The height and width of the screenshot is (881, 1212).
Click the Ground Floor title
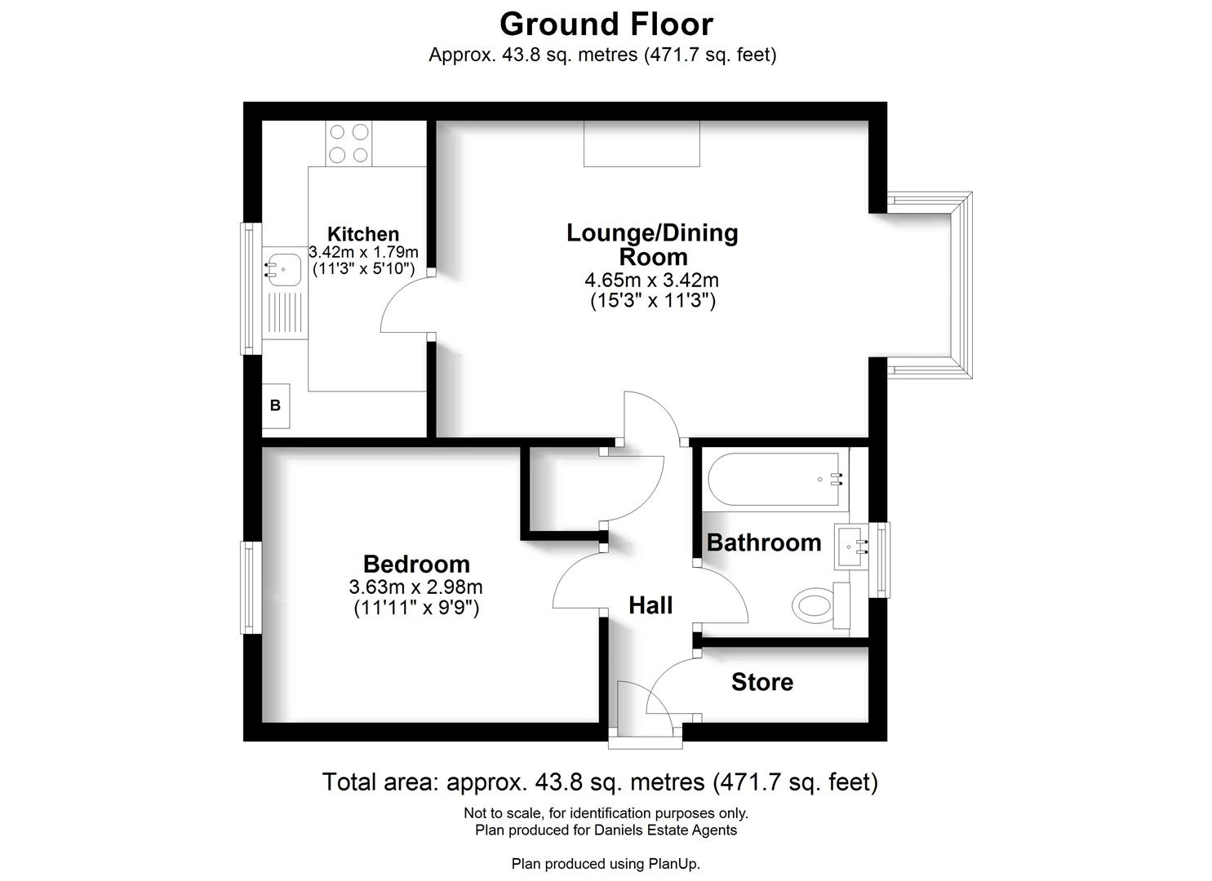(606, 24)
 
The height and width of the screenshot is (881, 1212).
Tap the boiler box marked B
(275, 405)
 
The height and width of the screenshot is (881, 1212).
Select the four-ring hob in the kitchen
(349, 143)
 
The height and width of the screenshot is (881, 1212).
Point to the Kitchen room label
(363, 234)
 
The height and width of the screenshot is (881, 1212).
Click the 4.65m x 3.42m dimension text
(651, 281)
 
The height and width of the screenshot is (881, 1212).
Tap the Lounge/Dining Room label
(652, 244)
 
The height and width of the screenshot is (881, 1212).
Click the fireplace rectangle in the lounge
(642, 144)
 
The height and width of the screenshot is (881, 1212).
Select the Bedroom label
(416, 564)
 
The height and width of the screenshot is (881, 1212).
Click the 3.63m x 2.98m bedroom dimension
(415, 587)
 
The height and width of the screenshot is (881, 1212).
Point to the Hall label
(650, 605)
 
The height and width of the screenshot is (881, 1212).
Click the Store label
(761, 682)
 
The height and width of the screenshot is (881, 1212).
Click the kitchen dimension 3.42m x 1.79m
(363, 252)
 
